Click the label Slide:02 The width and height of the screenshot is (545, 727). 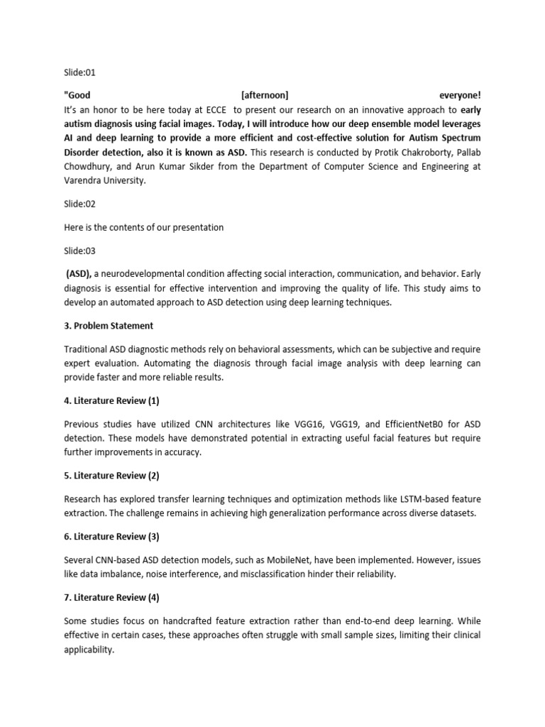coord(79,204)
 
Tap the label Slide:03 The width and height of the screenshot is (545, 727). coord(79,251)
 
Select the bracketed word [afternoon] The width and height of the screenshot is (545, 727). coord(265,95)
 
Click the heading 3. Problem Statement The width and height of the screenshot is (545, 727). coord(109,326)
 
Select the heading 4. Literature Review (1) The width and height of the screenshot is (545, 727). coord(111,401)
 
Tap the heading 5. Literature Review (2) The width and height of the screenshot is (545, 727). coord(111,476)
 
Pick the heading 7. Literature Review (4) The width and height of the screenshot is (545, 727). coord(111,598)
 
